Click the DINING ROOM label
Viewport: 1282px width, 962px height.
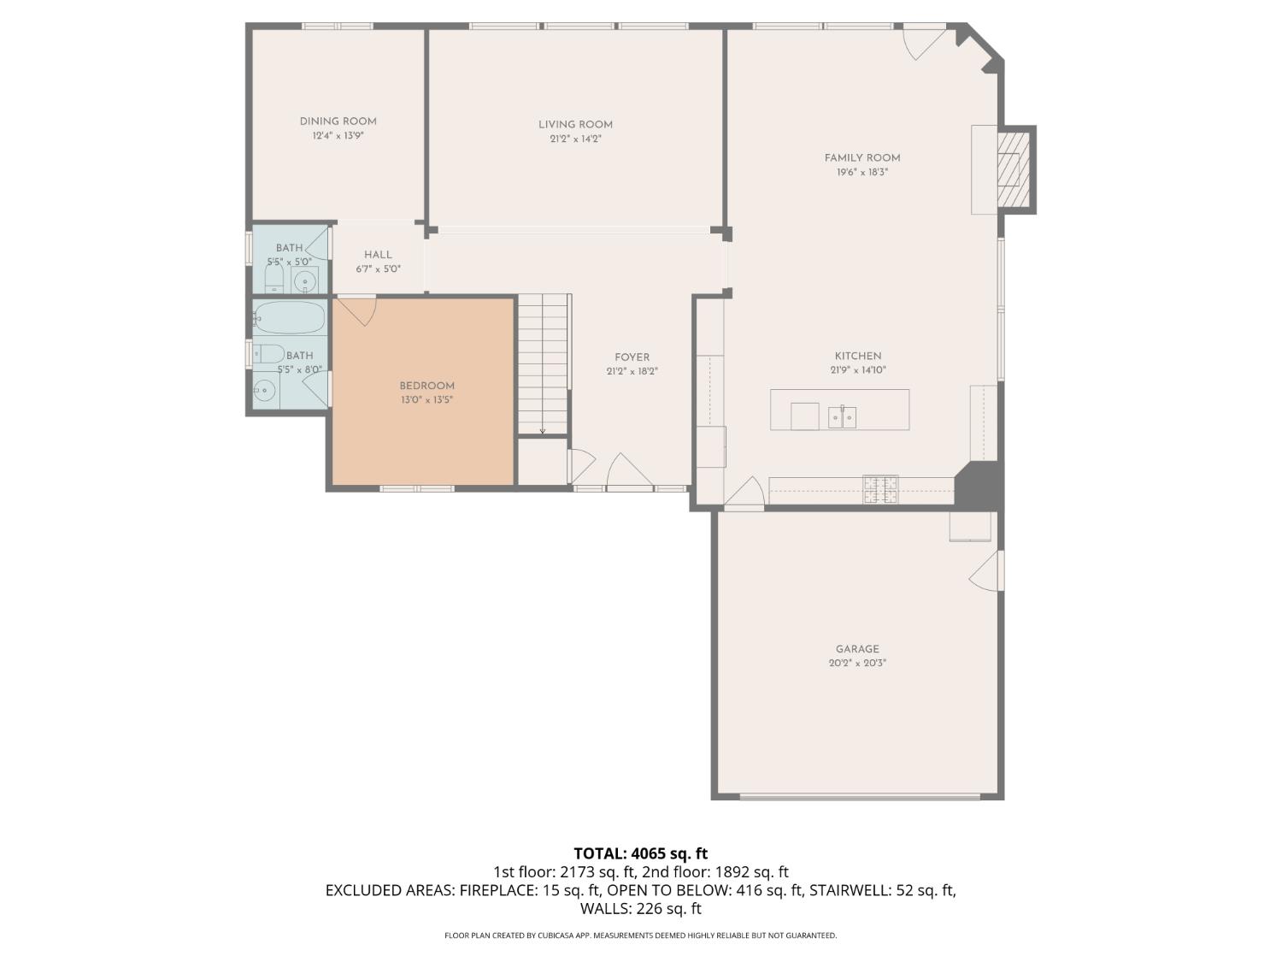click(338, 121)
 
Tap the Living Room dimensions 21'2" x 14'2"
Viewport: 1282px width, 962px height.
click(575, 139)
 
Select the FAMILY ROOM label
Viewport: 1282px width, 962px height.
click(862, 157)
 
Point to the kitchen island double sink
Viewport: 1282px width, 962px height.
click(842, 417)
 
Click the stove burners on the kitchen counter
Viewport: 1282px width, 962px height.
click(881, 489)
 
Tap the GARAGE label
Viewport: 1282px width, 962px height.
click(857, 649)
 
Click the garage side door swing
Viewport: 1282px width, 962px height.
click(986, 570)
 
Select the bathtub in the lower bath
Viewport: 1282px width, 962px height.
click(290, 316)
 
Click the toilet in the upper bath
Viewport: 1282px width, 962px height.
click(274, 279)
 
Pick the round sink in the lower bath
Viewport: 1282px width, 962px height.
click(265, 390)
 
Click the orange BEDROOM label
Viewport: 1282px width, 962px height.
click(427, 387)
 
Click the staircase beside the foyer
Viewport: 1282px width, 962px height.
click(543, 364)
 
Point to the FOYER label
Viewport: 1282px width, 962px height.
click(632, 357)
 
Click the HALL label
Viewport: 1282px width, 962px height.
click(378, 255)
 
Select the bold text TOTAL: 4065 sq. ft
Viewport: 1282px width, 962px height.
click(641, 853)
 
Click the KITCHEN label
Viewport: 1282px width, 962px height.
click(858, 357)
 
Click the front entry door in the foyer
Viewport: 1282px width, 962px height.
click(630, 470)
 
